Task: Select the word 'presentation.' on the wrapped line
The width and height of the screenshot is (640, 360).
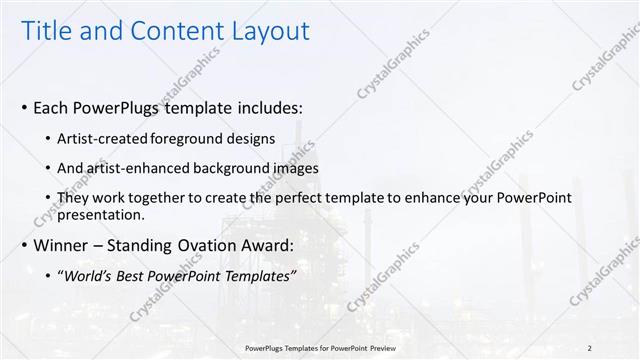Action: click(103, 214)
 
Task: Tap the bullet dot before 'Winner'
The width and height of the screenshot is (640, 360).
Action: click(25, 245)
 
